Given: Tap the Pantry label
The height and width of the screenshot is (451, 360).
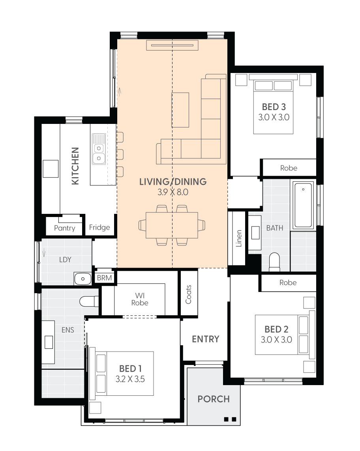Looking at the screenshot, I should point(65,228).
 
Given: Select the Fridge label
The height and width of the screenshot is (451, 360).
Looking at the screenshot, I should point(99,227).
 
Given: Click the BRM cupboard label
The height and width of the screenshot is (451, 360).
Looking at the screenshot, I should point(104,278).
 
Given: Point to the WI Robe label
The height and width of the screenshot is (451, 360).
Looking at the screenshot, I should point(140,299).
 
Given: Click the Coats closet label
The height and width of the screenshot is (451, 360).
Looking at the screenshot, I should point(188,294).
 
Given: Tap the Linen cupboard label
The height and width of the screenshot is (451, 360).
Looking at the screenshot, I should point(238,239).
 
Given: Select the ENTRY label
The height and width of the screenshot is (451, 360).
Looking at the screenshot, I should point(205,339).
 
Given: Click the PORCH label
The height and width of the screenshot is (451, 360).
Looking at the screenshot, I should point(214,399).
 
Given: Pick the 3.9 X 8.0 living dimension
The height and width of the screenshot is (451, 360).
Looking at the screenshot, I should point(172,193).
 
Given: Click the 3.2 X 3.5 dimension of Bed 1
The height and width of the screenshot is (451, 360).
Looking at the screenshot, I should point(131,379).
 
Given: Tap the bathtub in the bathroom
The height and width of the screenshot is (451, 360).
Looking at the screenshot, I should point(303,205).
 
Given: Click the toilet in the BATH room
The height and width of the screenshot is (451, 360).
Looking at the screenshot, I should point(274,262).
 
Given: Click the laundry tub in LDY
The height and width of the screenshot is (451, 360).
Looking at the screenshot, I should point(83,279).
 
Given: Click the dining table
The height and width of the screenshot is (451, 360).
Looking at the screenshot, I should point(172,225).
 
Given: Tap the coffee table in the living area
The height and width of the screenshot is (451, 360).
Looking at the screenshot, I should point(180,110).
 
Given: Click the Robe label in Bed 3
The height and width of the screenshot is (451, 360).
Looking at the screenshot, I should point(289,168).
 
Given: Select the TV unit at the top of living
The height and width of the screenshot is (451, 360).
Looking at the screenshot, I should point(172,45).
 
